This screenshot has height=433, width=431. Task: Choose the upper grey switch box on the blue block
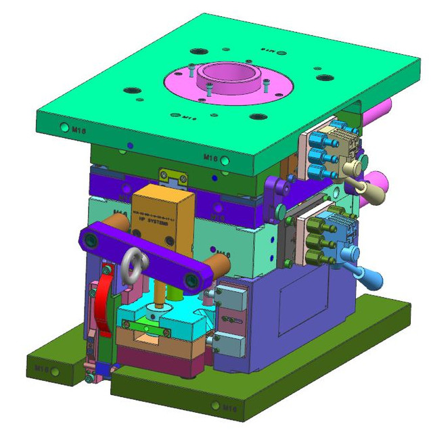pos(229,294)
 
